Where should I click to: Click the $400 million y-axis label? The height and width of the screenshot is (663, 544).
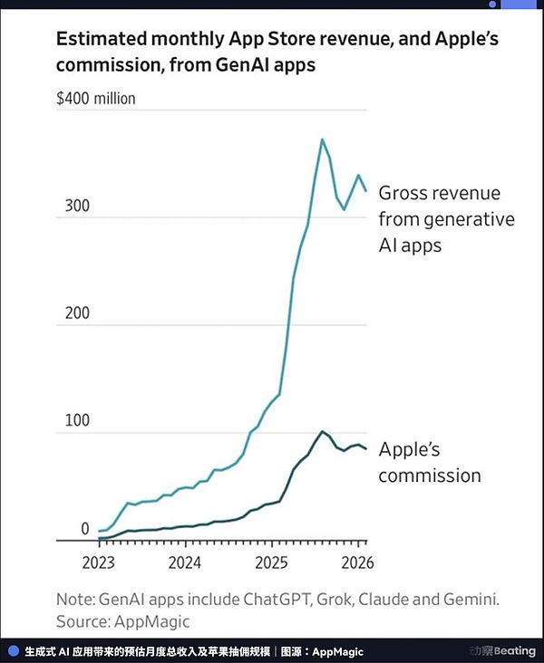(x=95, y=98)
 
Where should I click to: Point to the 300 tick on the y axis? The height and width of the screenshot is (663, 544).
(x=77, y=207)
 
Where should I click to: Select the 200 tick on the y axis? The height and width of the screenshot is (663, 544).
(x=77, y=313)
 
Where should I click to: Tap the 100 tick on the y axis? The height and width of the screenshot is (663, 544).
(x=77, y=422)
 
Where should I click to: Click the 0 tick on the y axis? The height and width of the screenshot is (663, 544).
(x=85, y=529)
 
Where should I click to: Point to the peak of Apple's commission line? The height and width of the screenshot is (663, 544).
(x=322, y=431)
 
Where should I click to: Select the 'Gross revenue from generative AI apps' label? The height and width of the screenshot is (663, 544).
(x=446, y=218)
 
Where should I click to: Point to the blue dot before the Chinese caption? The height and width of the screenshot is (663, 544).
(x=13, y=650)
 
